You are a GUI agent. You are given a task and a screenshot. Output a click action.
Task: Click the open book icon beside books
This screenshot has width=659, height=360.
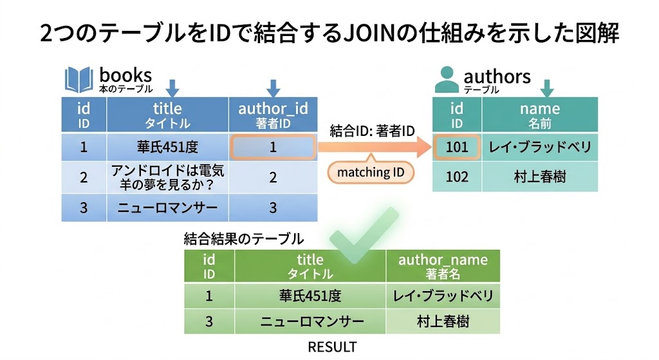tap(79, 80)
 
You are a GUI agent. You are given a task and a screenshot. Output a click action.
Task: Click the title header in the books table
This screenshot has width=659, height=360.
tap(167, 115)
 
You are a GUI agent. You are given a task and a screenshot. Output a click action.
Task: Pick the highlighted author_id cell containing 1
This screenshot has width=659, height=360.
tap(273, 147)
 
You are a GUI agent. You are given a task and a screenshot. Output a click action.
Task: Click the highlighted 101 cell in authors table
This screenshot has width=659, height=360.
tap(457, 147)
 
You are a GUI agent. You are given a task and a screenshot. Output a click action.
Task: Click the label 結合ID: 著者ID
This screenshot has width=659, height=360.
tap(372, 131)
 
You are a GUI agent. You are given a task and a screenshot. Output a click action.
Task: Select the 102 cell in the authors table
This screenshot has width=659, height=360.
tap(457, 176)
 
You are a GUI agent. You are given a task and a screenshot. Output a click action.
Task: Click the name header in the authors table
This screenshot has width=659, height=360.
tap(539, 115)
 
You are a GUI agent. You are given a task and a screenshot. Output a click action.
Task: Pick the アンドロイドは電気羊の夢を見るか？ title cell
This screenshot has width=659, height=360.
tap(167, 177)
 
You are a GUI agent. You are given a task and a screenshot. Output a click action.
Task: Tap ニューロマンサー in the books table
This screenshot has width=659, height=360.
tap(167, 207)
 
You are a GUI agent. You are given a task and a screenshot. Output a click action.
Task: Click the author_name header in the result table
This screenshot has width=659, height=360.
tap(443, 265)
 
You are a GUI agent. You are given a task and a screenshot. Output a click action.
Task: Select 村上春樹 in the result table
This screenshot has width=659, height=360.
tap(443, 321)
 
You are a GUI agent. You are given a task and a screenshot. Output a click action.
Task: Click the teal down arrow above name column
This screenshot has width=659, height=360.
tap(547, 88)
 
